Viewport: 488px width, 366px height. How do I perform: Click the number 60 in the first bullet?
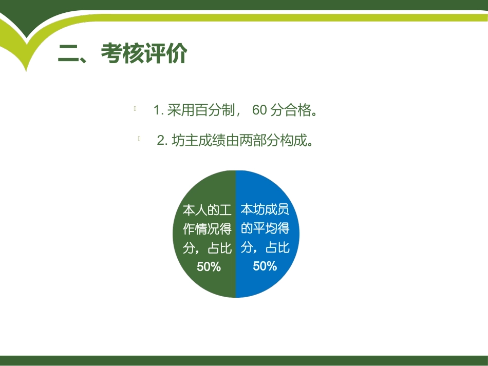260,110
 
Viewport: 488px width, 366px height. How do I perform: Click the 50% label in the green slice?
209,267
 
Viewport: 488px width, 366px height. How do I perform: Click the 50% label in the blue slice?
265,266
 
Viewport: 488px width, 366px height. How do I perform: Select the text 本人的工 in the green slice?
208,210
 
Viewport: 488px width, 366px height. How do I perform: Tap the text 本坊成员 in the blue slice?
265,209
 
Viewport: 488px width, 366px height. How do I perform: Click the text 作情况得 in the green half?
208,229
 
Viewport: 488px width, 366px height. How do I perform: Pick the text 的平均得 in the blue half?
265,228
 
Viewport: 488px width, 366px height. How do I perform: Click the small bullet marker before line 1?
135,108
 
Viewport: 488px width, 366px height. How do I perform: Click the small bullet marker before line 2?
139,139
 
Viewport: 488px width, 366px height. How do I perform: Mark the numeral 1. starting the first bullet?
158,110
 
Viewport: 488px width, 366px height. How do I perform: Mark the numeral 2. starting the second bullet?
162,141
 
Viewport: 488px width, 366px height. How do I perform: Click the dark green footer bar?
244,360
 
